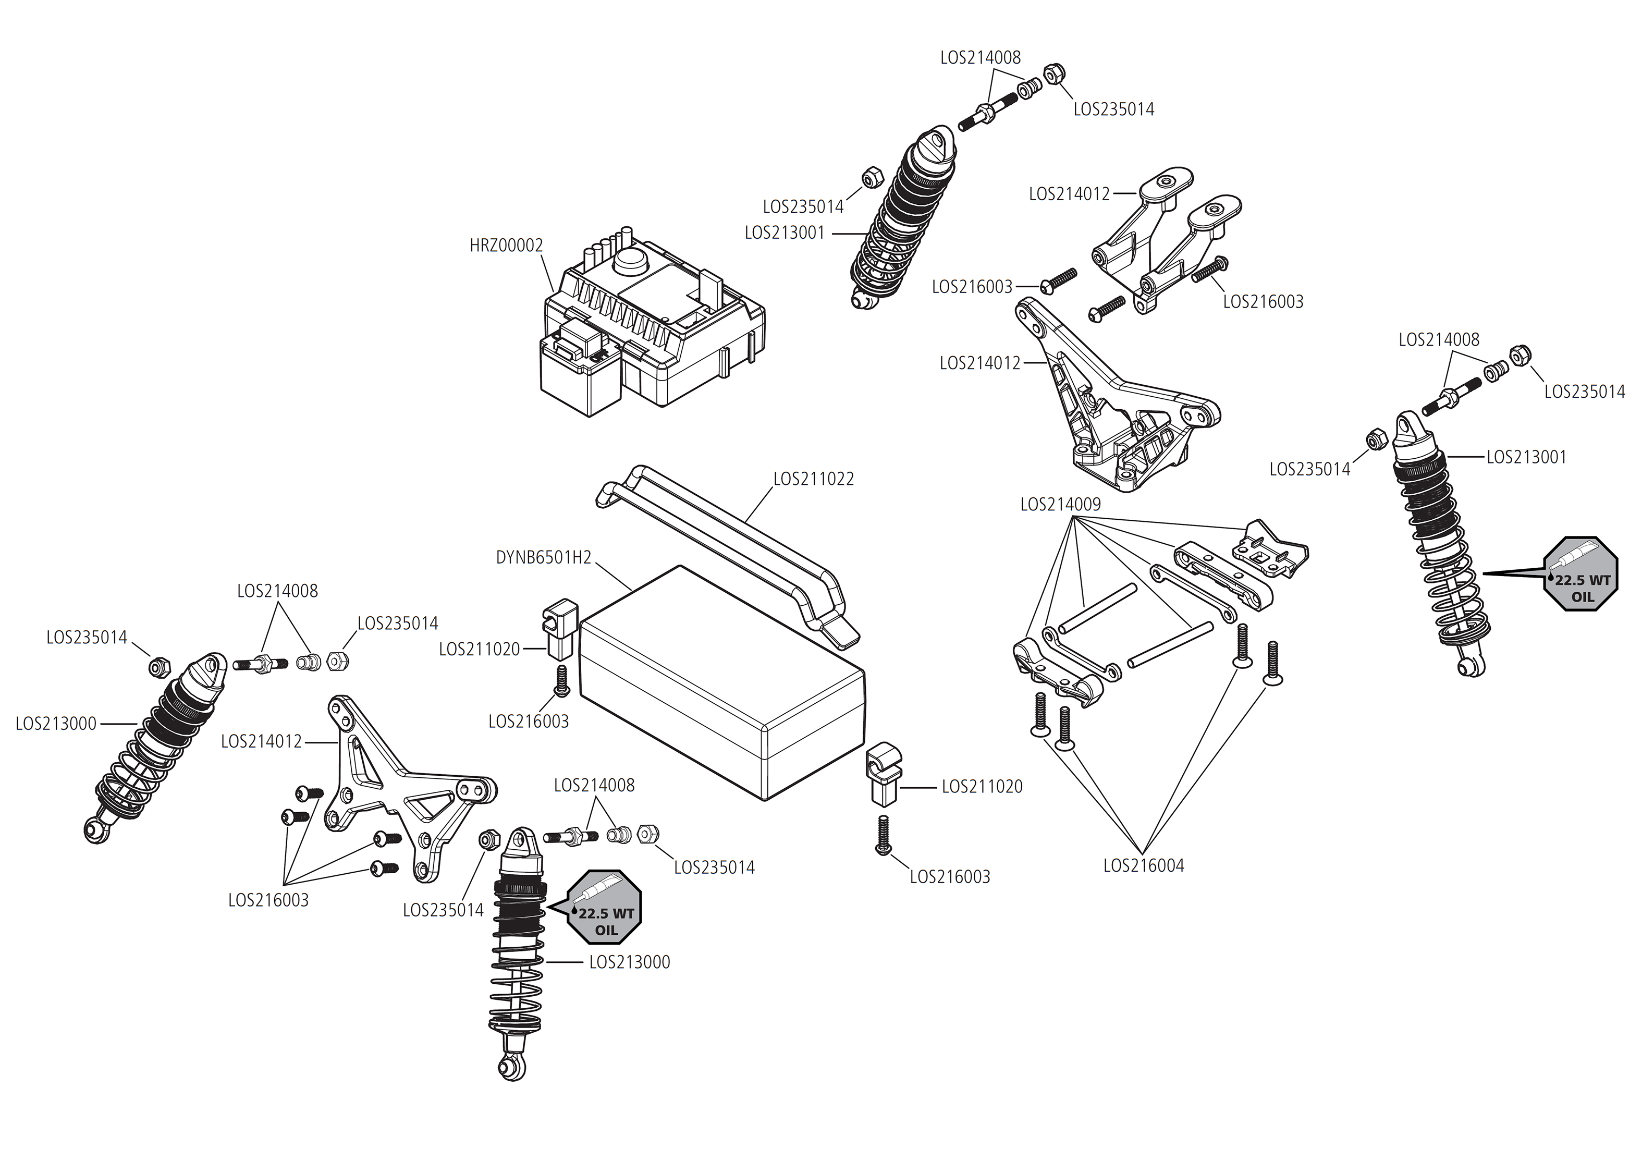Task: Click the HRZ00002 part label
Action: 506,246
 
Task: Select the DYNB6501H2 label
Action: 543,558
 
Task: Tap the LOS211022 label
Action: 813,479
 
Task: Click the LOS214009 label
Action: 1060,505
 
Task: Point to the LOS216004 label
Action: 1143,865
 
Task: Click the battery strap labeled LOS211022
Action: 729,549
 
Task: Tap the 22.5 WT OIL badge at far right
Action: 1580,574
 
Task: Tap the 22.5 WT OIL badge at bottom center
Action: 605,907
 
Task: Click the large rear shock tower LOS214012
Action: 1112,405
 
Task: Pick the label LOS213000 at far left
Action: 56,724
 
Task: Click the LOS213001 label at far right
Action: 1526,457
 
